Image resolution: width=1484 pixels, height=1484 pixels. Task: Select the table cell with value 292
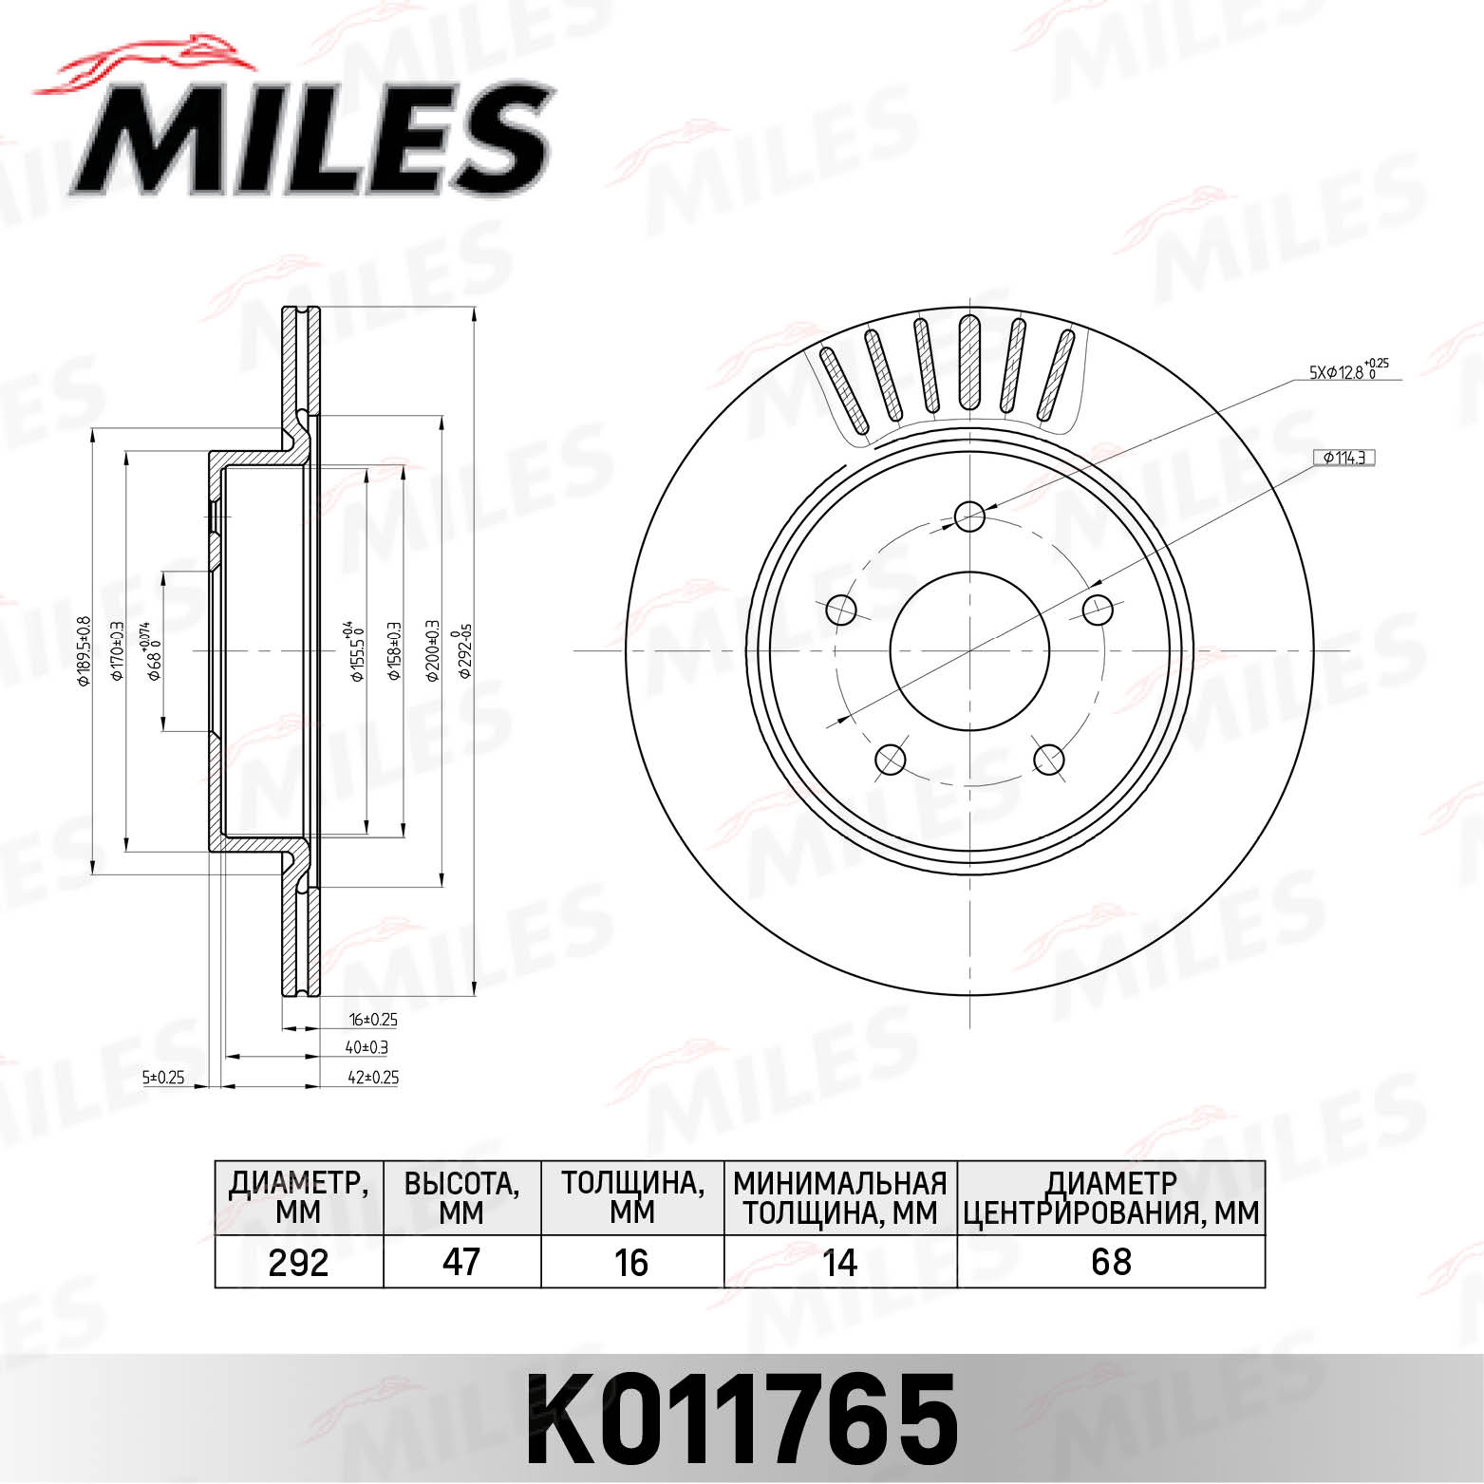pos(298,1262)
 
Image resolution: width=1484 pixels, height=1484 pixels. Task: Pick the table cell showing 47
pos(461,1262)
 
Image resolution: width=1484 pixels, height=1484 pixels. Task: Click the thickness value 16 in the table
pos(631,1262)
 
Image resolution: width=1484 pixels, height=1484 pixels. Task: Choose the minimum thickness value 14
pos(840,1262)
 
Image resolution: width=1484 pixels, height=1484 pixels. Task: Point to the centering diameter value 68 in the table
pos(1111,1262)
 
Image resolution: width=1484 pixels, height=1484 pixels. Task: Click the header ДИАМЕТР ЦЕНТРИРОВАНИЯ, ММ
pos(1111,1198)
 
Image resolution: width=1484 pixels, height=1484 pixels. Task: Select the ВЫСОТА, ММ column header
pos(461,1198)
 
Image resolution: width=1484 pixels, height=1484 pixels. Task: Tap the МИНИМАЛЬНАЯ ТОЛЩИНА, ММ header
pos(840,1198)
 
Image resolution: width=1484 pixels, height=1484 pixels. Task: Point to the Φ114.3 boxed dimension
pos(1344,458)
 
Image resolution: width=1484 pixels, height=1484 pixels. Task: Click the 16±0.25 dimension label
pos(372,1020)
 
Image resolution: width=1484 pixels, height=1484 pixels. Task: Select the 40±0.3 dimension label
pos(366,1048)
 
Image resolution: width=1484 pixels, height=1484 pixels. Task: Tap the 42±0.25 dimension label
pos(372,1078)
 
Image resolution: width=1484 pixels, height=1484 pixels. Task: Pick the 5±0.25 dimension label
pos(162,1078)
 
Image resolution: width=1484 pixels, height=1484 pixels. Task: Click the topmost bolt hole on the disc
pos(969,517)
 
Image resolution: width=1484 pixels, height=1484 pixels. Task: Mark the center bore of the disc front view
pos(969,650)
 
